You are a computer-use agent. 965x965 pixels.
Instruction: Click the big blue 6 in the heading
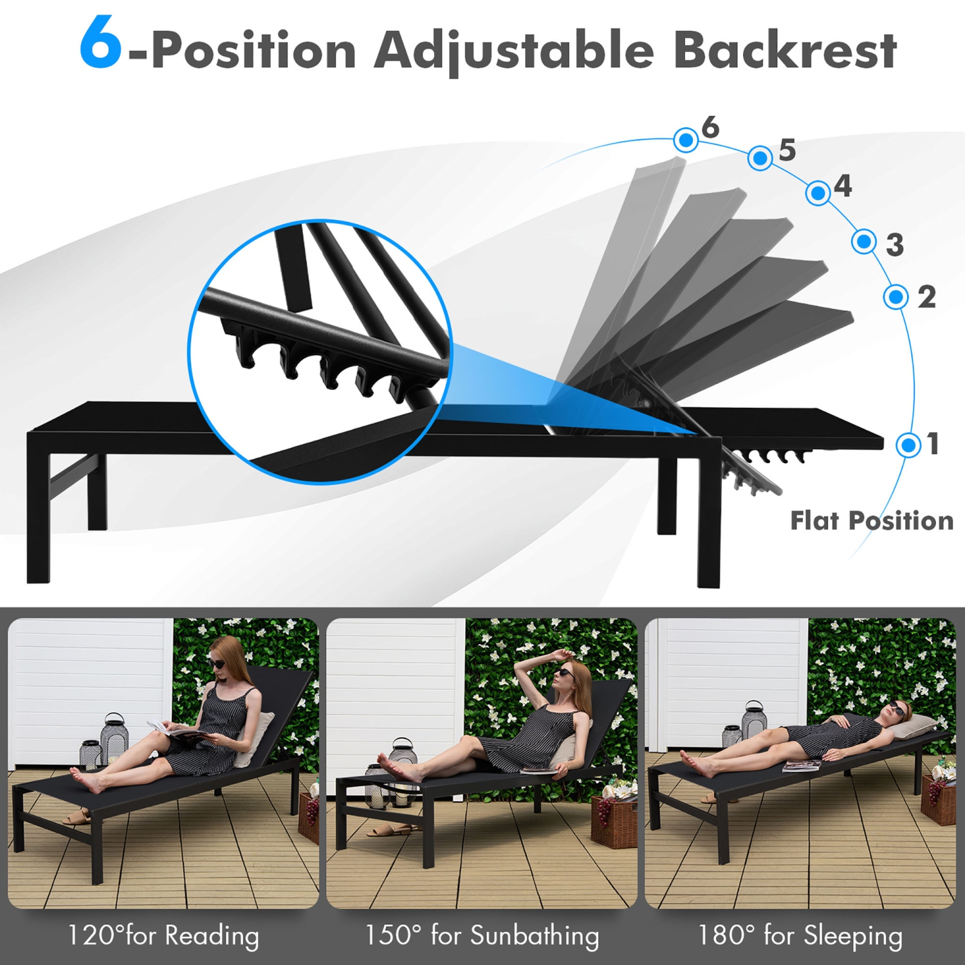tap(100, 42)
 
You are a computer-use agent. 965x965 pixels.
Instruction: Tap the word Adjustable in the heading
tap(513, 51)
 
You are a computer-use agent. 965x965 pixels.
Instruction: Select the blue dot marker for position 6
tap(686, 140)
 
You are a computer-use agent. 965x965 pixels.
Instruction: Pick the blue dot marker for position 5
tap(760, 158)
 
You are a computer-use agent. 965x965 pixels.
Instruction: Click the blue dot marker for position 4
tap(818, 192)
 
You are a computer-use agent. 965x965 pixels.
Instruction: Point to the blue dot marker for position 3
tap(863, 242)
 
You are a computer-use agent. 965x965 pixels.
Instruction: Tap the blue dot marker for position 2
tap(896, 297)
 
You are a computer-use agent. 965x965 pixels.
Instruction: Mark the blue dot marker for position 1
tap(908, 445)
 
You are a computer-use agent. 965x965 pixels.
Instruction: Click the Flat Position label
tap(871, 520)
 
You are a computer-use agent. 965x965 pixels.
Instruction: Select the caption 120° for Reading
tap(163, 935)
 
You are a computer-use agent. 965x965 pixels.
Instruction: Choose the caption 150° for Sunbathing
tap(482, 935)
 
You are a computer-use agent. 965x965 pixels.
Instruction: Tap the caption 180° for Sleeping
tap(800, 935)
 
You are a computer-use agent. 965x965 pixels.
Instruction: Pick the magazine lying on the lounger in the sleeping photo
tap(802, 766)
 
